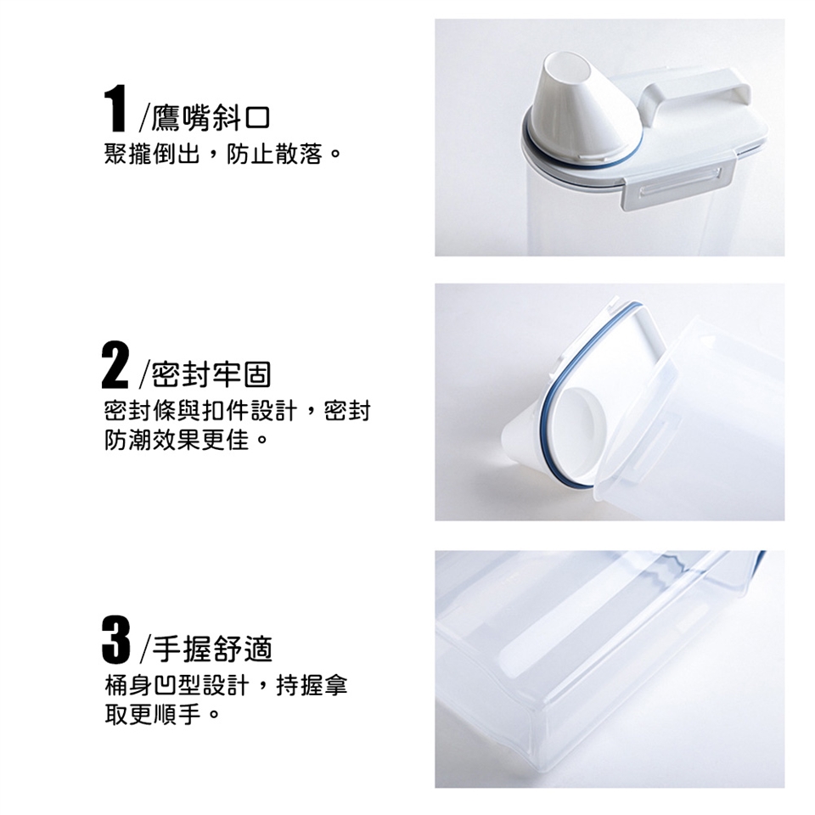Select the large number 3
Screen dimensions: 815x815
tap(115, 640)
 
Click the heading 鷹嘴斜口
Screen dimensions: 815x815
tap(211, 119)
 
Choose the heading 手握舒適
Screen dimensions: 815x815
tap(212, 649)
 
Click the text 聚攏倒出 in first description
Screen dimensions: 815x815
tap(152, 154)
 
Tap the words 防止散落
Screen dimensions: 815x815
tap(274, 154)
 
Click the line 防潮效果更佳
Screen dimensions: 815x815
tap(177, 441)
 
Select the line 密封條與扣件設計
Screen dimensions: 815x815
tap(200, 411)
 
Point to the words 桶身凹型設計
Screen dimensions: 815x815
tap(177, 686)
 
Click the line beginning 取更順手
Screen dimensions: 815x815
tap(152, 715)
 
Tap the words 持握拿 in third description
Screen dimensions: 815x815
tap(312, 686)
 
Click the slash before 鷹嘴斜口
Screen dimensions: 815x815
tap(144, 119)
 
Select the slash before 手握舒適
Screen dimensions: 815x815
tap(145, 649)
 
